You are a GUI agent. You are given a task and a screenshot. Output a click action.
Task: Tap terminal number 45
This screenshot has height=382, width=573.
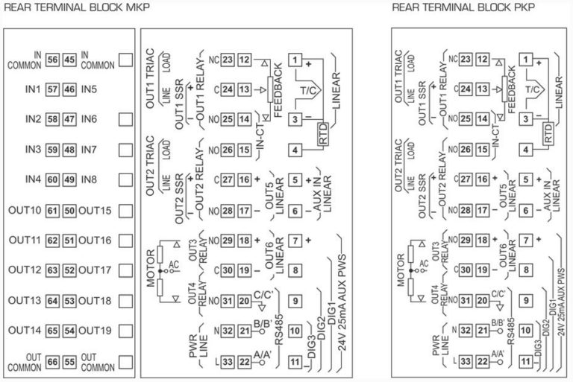point(69,60)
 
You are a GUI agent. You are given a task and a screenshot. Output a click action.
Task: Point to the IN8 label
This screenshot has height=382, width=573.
point(90,179)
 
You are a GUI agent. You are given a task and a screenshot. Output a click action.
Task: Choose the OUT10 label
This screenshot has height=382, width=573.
point(25,211)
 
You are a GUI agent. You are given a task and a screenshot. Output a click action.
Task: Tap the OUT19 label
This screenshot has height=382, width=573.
point(95,331)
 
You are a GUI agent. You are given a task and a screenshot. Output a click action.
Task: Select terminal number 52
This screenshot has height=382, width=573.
point(69,270)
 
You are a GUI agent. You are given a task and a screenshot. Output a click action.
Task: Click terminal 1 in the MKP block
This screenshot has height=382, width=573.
point(296,60)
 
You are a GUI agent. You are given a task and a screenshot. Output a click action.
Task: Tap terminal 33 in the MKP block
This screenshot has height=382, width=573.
point(227,362)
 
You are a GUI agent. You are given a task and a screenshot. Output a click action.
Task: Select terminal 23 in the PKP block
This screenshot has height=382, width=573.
point(466,60)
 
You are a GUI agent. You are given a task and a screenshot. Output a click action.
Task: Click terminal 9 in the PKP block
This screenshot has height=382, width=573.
point(526,300)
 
